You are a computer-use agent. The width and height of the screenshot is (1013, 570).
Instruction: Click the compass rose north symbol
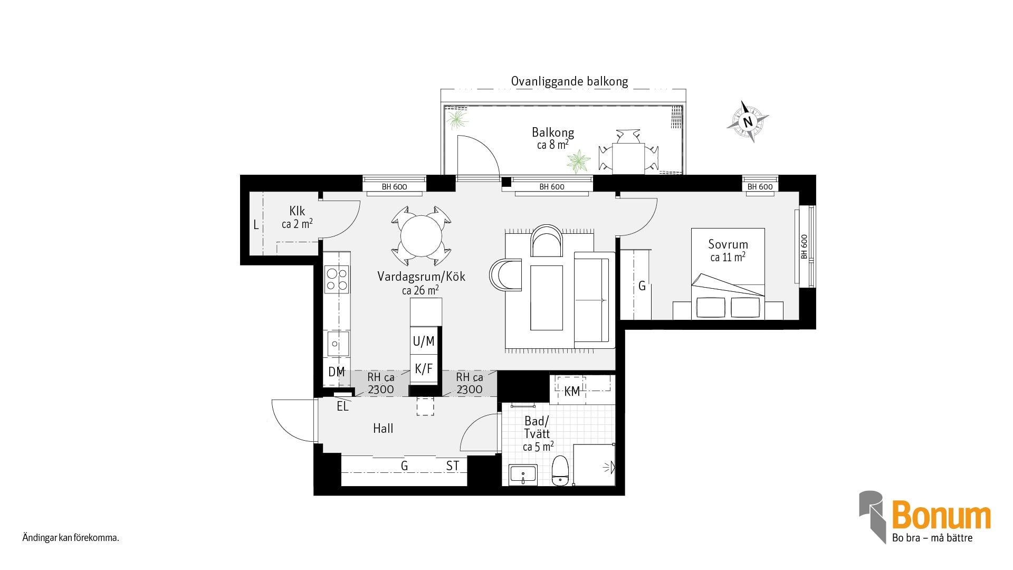pyautogui.click(x=748, y=121)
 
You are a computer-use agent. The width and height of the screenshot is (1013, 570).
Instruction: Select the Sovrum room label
pyautogui.click(x=728, y=244)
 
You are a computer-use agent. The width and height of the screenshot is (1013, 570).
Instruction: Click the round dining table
pyautogui.click(x=421, y=236)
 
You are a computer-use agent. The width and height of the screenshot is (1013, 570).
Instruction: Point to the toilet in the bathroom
pyautogui.click(x=559, y=471)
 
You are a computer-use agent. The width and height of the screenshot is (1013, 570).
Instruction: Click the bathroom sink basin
pyautogui.click(x=523, y=474)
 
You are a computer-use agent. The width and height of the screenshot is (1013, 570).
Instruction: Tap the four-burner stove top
pyautogui.click(x=337, y=279)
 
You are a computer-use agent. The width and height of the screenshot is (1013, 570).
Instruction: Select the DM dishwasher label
pyautogui.click(x=337, y=372)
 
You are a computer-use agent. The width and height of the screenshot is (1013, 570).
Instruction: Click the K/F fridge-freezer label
pyautogui.click(x=424, y=369)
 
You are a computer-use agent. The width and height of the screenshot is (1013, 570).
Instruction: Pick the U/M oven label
pyautogui.click(x=424, y=341)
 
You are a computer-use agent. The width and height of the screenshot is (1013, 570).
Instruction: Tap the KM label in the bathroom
pyautogui.click(x=572, y=392)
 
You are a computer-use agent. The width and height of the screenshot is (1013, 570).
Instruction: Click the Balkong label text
pyautogui.click(x=553, y=132)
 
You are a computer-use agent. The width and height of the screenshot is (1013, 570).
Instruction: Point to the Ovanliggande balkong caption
pyautogui.click(x=570, y=82)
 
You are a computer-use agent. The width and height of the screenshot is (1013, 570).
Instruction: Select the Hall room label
pyautogui.click(x=383, y=429)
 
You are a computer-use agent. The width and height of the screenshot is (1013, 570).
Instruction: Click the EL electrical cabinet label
pyautogui.click(x=342, y=407)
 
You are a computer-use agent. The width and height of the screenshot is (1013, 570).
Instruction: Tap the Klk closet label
pyautogui.click(x=297, y=211)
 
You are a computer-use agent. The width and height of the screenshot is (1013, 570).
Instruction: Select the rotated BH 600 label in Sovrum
pyautogui.click(x=804, y=246)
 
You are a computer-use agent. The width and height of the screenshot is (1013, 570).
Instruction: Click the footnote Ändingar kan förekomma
pyautogui.click(x=71, y=539)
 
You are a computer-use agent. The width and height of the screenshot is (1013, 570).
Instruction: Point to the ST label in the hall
pyautogui.click(x=453, y=466)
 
